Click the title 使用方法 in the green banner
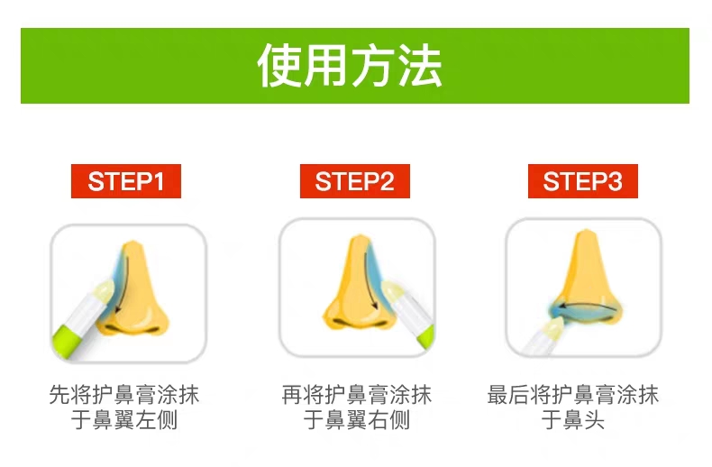pyautogui.click(x=350, y=66)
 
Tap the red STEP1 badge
pyautogui.click(x=126, y=181)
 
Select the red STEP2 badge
pyautogui.click(x=355, y=181)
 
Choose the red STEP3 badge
pyautogui.click(x=583, y=181)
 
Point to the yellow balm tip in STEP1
pyautogui.click(x=104, y=291)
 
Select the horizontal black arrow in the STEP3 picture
pyautogui.click(x=586, y=307)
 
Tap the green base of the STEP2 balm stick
pyautogui.click(x=427, y=336)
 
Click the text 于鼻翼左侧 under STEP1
pyautogui.click(x=124, y=419)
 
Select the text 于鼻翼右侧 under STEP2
pyautogui.click(x=357, y=419)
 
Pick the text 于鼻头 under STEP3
pyautogui.click(x=573, y=419)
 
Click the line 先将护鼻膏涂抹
pyautogui.click(x=124, y=394)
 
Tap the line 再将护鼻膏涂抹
pyautogui.click(x=357, y=394)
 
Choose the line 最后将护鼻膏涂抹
pyautogui.click(x=573, y=394)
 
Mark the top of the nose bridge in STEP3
pyautogui.click(x=586, y=232)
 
